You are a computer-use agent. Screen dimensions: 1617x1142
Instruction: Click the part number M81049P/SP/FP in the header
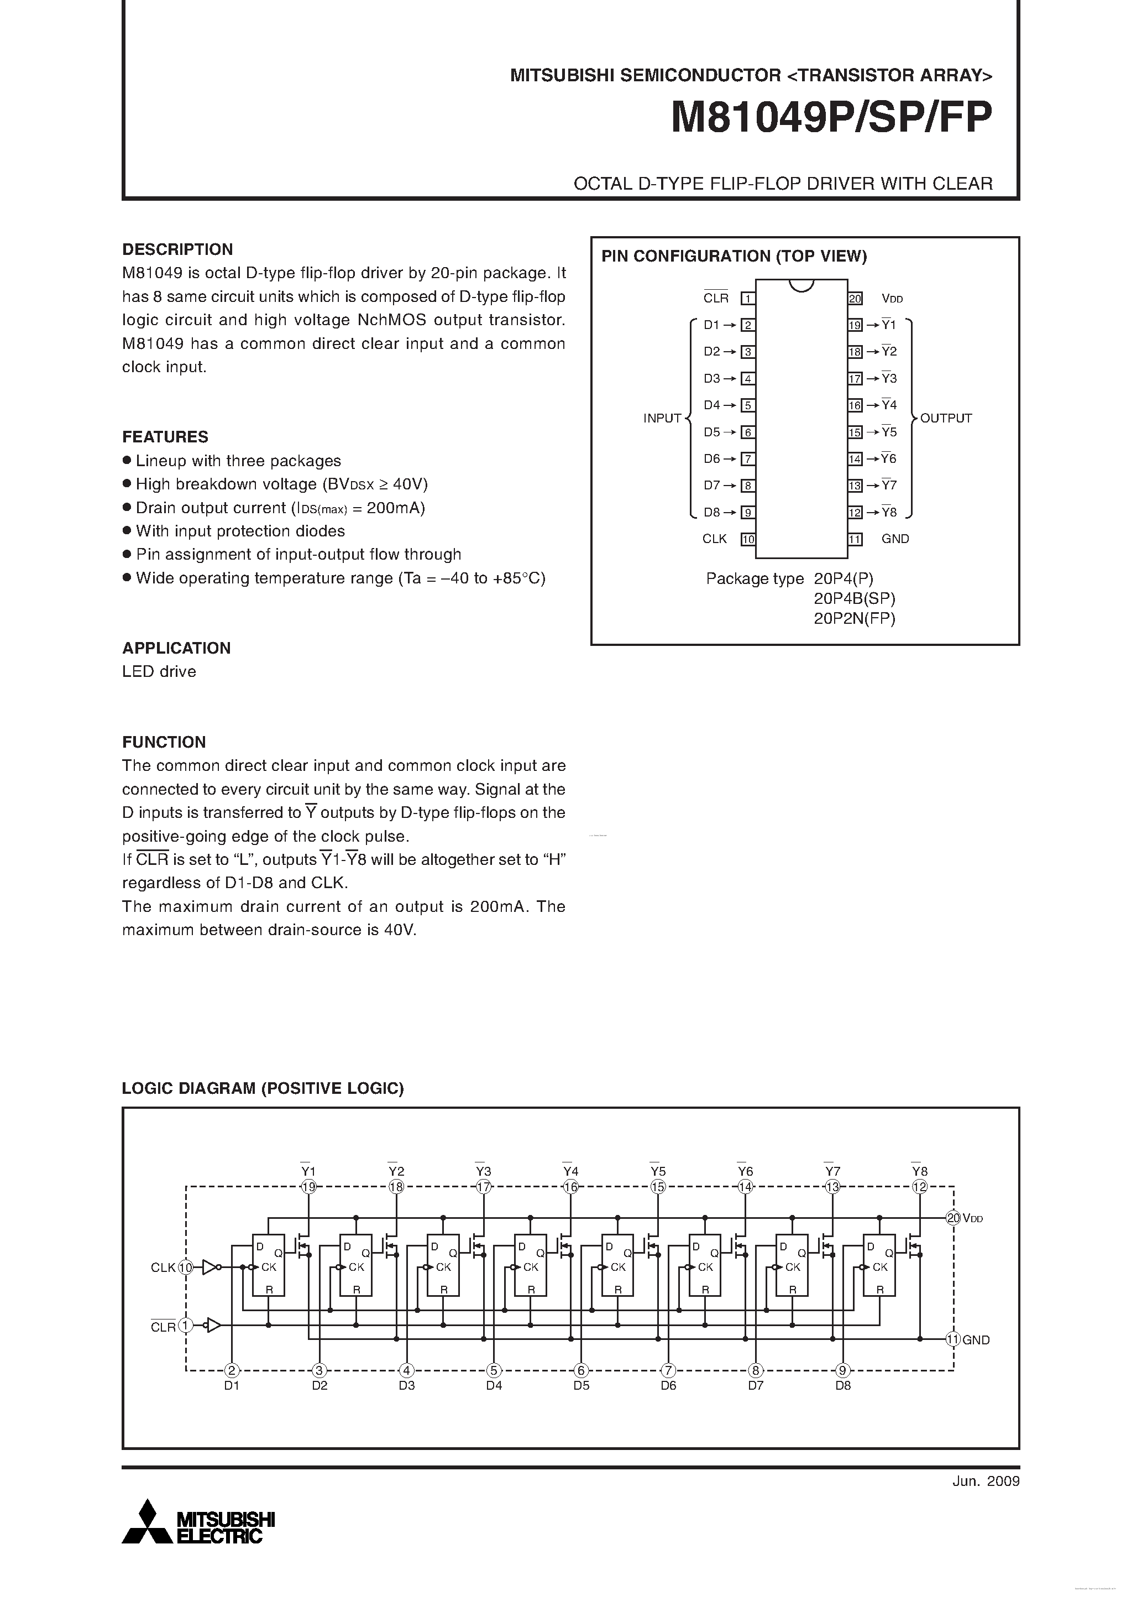click(x=831, y=118)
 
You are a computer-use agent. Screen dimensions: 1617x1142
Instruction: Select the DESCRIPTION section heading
click(x=177, y=249)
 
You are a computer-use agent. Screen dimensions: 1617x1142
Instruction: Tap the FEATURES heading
click(x=165, y=437)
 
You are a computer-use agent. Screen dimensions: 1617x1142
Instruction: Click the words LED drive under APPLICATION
click(x=159, y=672)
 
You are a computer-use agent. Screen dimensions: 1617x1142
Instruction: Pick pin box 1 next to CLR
click(x=748, y=299)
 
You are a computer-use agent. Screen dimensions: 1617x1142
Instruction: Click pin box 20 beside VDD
click(x=855, y=299)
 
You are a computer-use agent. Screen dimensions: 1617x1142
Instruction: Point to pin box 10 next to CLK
click(x=748, y=540)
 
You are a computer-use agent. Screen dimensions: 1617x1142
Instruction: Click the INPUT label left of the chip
click(x=662, y=418)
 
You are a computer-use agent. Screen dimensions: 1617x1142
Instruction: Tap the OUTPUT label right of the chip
click(x=946, y=418)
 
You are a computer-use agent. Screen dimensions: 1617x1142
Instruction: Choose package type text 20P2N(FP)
click(x=854, y=618)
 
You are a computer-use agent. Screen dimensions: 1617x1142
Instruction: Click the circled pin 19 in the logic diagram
click(x=308, y=1187)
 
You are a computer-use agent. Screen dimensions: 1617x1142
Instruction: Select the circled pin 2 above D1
click(x=232, y=1370)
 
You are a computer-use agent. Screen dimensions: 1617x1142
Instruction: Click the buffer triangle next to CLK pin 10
click(x=209, y=1267)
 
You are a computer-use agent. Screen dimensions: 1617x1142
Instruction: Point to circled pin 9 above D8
click(x=843, y=1370)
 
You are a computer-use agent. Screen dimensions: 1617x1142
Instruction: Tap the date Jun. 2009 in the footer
click(x=986, y=1481)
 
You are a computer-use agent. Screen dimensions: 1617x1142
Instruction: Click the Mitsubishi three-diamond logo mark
click(x=147, y=1522)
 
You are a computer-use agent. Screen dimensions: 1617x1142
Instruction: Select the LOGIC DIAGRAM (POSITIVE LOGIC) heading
click(x=263, y=1088)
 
